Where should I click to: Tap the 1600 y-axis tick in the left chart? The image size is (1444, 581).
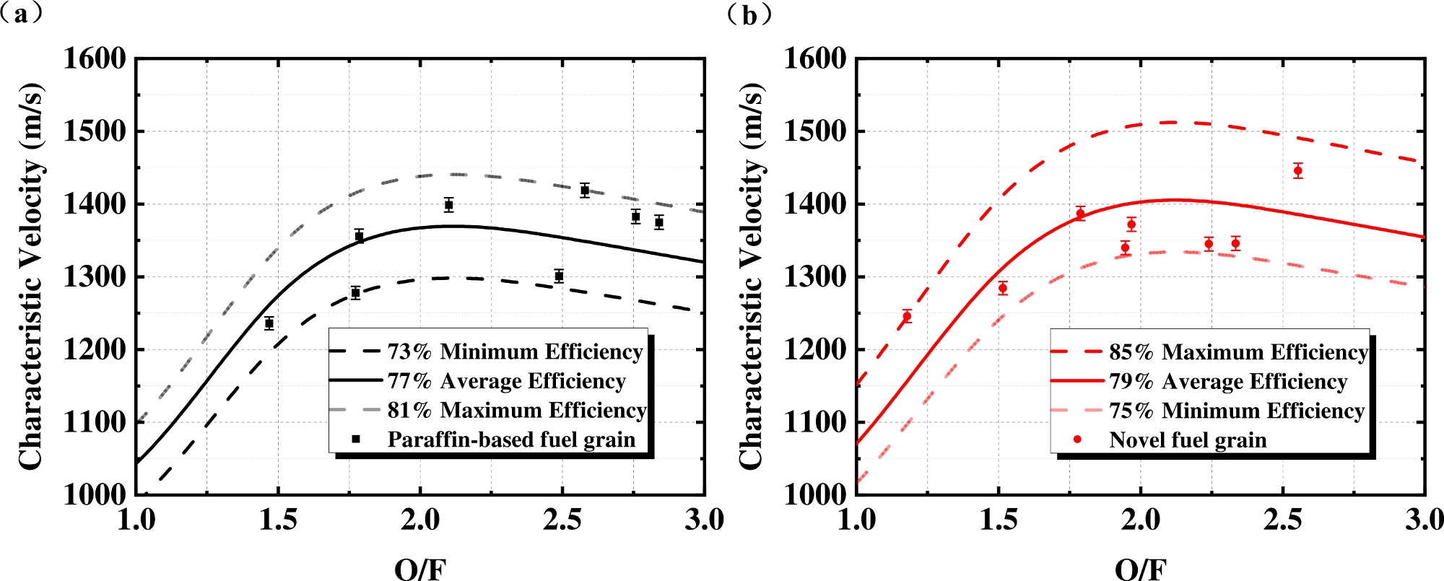pos(95,58)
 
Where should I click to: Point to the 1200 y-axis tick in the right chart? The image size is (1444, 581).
pos(816,350)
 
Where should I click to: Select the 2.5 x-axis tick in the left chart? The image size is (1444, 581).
pos(562,520)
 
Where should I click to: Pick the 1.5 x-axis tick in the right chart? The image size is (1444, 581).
pos(999,520)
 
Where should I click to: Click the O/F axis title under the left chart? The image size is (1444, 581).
pos(420,569)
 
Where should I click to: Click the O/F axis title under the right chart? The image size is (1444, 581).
pos(1141,569)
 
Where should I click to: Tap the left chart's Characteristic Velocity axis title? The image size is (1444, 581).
pos(31,277)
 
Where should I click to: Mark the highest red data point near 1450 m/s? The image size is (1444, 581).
pos(1298,171)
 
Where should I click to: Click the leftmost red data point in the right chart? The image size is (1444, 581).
pos(907,316)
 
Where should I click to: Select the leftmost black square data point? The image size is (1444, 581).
pos(269,323)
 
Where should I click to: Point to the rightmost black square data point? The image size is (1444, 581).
pos(659,222)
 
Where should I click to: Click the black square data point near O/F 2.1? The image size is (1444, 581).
pos(448,205)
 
